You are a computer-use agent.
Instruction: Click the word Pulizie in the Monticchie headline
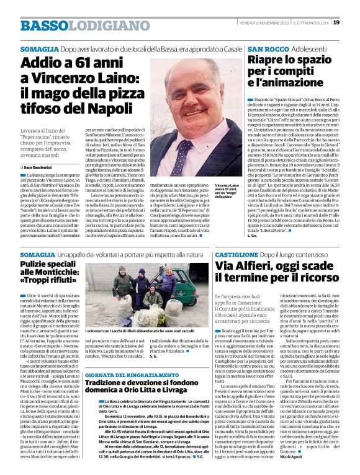click(x=37, y=264)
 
